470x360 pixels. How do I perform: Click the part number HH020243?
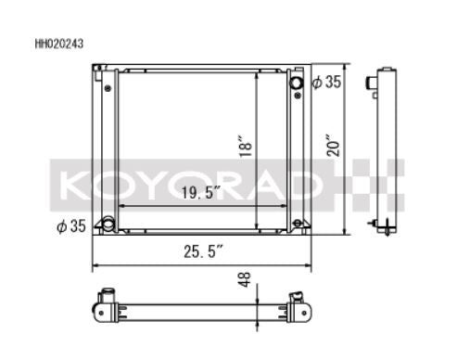[x=59, y=44]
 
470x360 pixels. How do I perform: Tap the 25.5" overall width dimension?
[x=203, y=251]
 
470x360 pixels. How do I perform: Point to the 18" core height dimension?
[x=246, y=146]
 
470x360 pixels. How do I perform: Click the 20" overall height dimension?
[x=333, y=145]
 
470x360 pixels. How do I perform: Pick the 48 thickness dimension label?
[x=246, y=279]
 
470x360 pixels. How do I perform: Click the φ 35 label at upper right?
[x=326, y=82]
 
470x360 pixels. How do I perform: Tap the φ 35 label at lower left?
[x=71, y=226]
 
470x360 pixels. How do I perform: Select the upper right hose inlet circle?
[x=297, y=83]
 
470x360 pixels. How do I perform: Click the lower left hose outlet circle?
[x=108, y=224]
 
